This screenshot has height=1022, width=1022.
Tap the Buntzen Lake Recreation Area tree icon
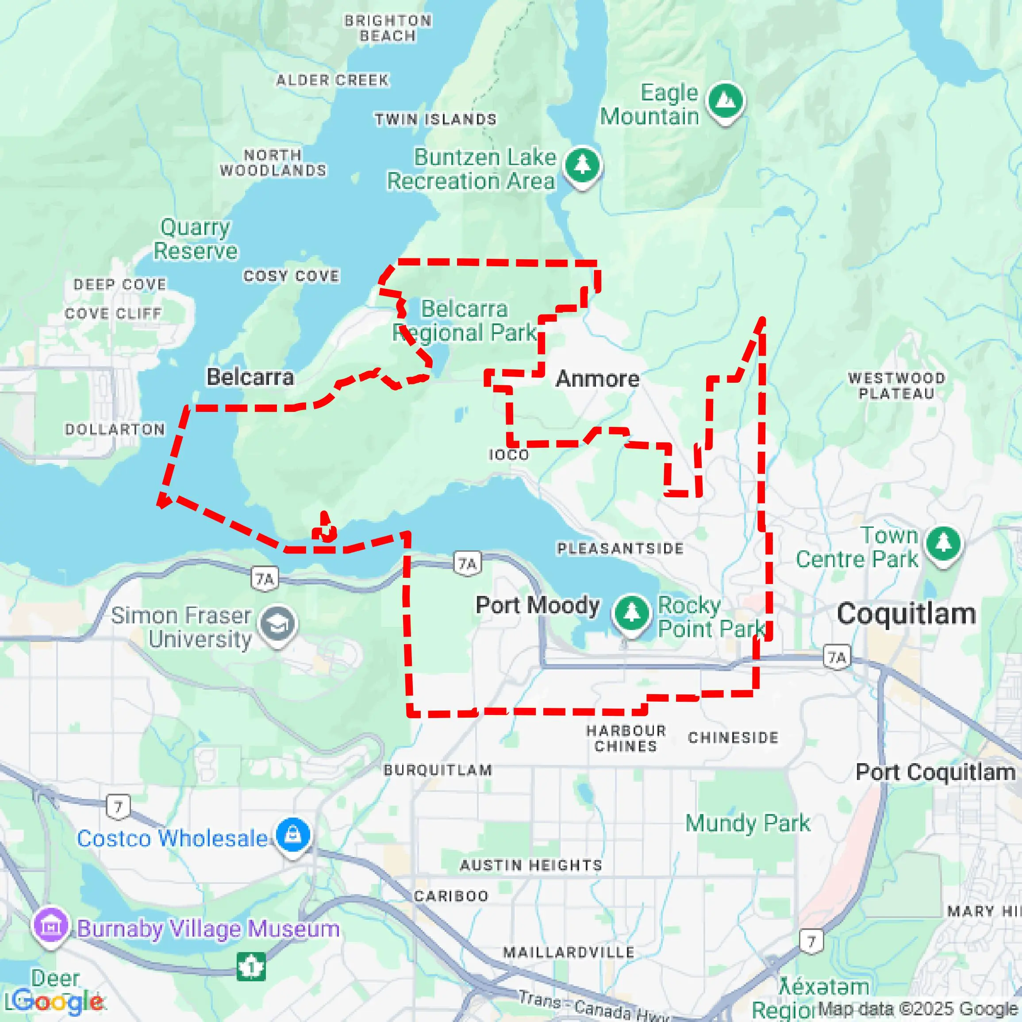(582, 165)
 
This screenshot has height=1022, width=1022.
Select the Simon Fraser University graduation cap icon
(278, 625)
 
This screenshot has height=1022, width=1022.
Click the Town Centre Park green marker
(944, 544)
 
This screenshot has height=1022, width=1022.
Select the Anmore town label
(597, 379)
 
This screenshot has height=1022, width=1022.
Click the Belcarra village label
(250, 377)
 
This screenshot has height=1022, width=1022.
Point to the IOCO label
(508, 455)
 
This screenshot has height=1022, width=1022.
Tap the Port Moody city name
(538, 605)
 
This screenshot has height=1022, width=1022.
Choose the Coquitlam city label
(906, 614)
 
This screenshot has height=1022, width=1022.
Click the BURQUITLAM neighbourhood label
(438, 770)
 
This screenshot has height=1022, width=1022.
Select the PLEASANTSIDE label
(620, 549)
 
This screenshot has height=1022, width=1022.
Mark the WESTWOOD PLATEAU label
(897, 386)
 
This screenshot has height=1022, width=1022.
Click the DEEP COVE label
(120, 284)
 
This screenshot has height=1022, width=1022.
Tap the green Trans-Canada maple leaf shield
(251, 966)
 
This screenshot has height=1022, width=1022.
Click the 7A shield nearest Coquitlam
(838, 657)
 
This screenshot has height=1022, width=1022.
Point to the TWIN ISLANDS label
(436, 119)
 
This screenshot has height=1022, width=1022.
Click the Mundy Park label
(747, 823)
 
